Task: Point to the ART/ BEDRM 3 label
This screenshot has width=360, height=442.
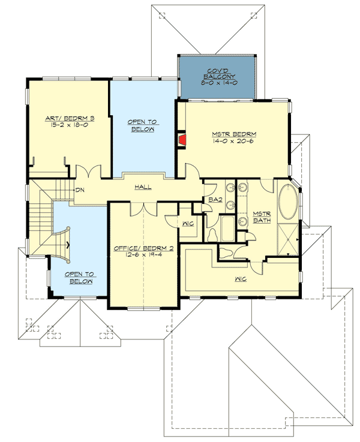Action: coord(68,119)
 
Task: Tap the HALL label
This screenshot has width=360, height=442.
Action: coord(143,187)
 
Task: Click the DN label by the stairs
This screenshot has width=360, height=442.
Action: coord(80,191)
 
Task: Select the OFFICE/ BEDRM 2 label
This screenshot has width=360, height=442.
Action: coord(143,248)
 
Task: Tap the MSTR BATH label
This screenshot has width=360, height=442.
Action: coord(261,217)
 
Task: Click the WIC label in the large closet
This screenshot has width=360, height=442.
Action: coord(242,279)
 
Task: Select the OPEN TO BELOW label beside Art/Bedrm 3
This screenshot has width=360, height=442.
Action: coord(142,125)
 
